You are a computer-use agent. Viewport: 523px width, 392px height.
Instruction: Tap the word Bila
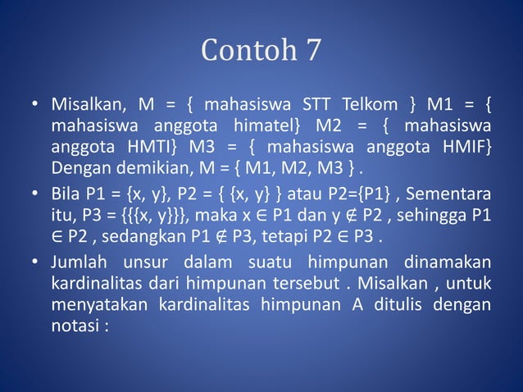coord(66,196)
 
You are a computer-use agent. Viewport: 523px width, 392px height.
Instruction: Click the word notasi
coord(76,326)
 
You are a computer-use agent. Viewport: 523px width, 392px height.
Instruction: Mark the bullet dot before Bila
coord(36,197)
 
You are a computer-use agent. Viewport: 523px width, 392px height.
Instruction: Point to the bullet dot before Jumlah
coord(36,263)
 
